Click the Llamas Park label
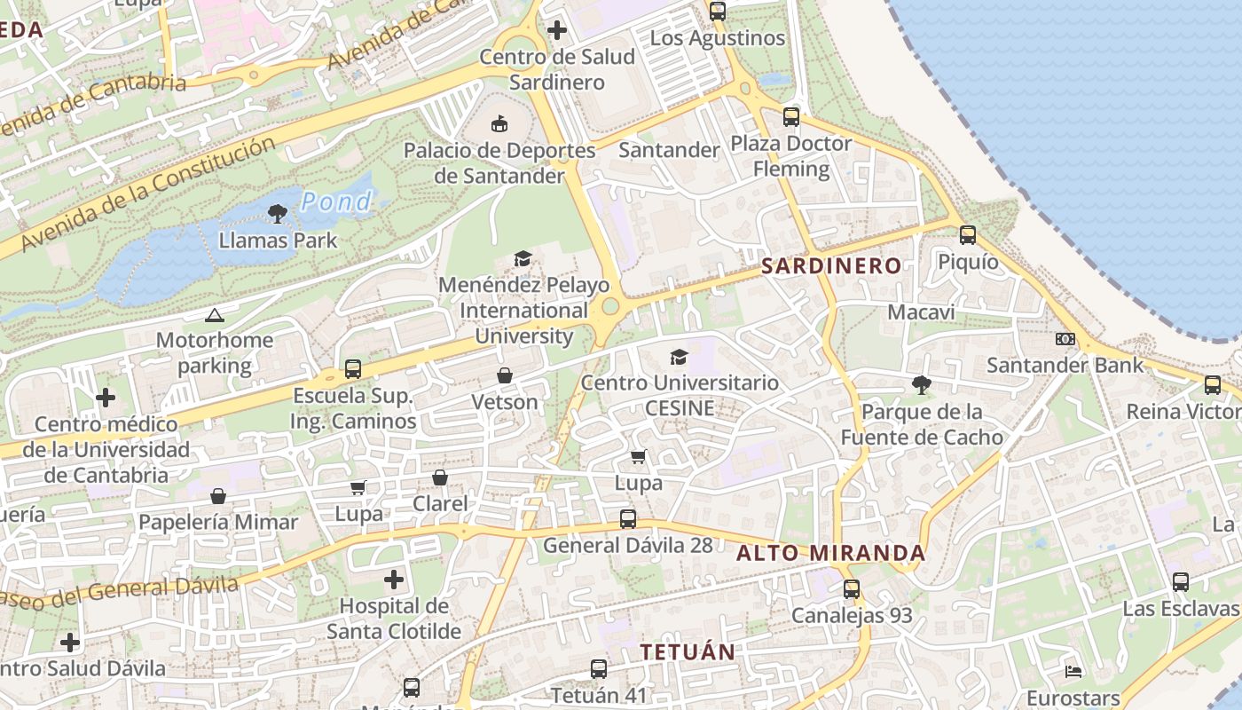click(278, 240)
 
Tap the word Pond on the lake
click(336, 202)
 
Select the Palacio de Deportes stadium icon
click(499, 123)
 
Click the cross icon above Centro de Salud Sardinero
click(557, 30)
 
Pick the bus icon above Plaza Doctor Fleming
click(790, 116)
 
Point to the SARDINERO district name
click(831, 265)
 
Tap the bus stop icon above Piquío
click(968, 235)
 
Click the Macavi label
click(922, 312)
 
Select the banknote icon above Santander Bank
click(1065, 338)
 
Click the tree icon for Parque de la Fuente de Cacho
click(922, 385)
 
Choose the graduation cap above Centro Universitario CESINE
click(679, 357)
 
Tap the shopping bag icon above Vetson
click(505, 376)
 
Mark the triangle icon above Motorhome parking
click(214, 315)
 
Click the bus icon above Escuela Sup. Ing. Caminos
click(353, 369)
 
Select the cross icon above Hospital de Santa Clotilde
click(394, 580)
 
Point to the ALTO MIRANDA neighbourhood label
click(831, 554)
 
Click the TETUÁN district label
click(688, 652)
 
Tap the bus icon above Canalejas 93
click(852, 588)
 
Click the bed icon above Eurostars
click(1073, 671)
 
